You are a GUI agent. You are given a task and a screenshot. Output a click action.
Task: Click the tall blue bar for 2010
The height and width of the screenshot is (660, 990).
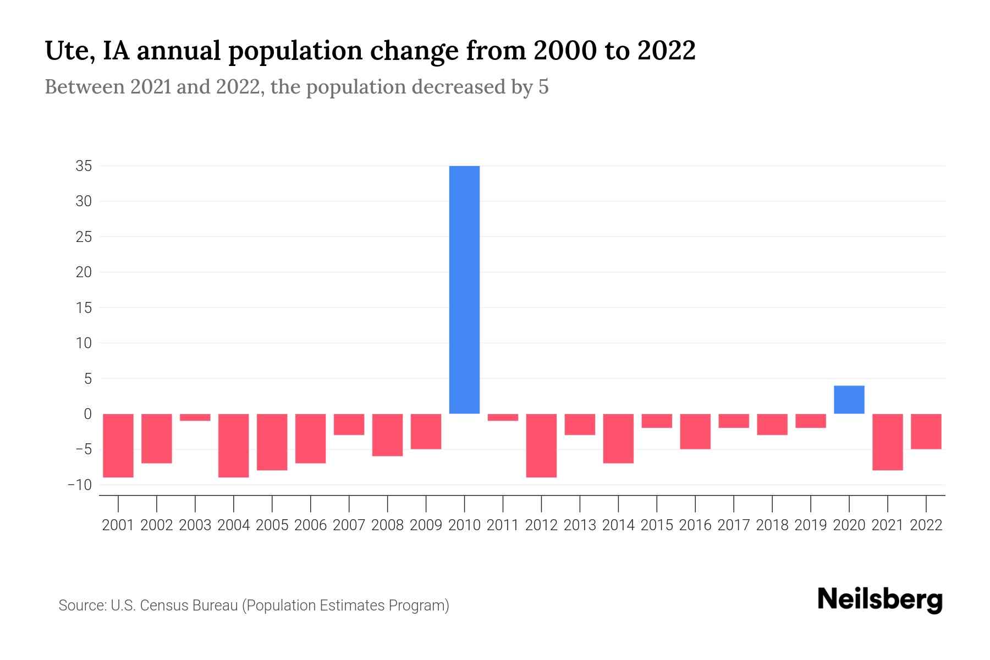click(x=464, y=289)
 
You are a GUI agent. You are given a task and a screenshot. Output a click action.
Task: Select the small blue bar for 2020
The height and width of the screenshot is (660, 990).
click(x=849, y=400)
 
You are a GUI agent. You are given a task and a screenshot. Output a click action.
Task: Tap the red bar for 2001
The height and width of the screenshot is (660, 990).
click(x=118, y=446)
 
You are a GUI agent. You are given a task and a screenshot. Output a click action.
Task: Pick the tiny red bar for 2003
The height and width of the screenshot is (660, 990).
click(x=195, y=417)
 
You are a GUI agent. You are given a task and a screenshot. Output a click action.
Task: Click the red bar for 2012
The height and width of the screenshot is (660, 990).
click(x=541, y=446)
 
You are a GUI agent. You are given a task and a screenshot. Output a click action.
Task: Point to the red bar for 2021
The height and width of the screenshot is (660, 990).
click(x=887, y=442)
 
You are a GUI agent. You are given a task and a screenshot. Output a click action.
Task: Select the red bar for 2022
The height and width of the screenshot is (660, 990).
click(x=926, y=431)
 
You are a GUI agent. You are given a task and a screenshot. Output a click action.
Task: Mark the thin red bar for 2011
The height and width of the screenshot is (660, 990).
click(x=503, y=417)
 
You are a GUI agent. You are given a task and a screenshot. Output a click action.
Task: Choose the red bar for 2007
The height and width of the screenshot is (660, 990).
click(x=349, y=424)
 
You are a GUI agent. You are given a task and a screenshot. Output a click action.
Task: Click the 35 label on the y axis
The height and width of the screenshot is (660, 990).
click(x=84, y=166)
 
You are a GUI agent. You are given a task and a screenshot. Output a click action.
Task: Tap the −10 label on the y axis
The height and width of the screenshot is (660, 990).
click(x=80, y=485)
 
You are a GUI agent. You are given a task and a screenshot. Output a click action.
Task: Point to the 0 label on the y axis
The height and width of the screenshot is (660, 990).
click(x=87, y=414)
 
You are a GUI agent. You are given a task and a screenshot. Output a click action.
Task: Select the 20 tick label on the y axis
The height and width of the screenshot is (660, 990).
click(x=84, y=272)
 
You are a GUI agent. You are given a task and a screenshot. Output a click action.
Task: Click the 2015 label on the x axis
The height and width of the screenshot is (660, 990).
click(x=657, y=525)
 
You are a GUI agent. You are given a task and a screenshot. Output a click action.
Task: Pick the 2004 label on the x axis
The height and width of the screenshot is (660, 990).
click(x=234, y=525)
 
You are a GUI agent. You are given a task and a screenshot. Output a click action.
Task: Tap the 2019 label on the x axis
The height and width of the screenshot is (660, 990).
click(x=810, y=525)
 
